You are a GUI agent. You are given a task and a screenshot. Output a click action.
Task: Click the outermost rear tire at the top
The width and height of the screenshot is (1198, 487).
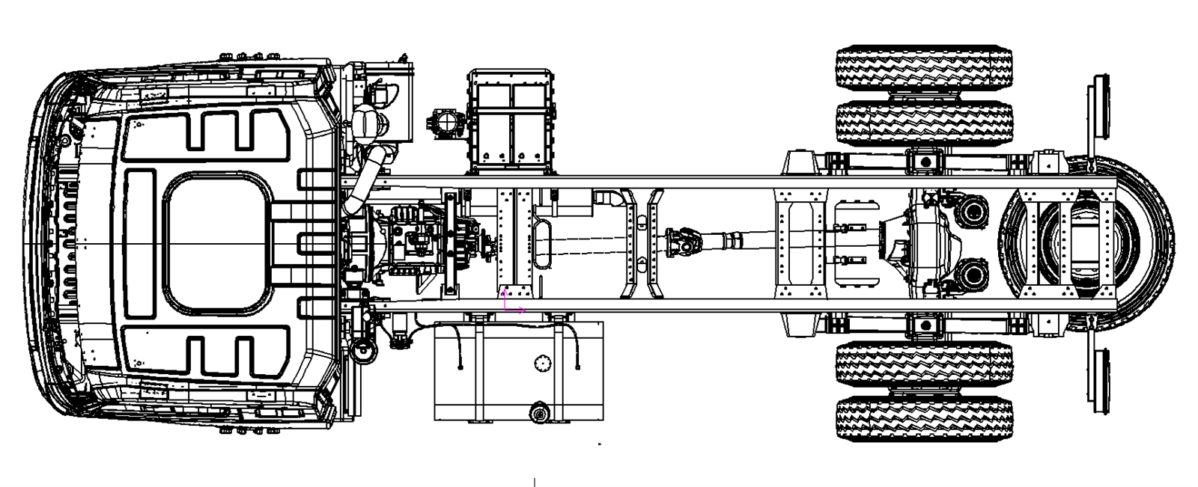[x=923, y=67]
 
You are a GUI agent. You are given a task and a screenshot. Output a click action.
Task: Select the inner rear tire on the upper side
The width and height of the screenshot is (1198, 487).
[x=923, y=122]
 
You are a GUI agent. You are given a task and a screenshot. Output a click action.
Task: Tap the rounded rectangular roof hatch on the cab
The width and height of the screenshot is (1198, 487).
[x=218, y=243]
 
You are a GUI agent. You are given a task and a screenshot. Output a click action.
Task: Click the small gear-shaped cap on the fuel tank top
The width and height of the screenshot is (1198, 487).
[x=542, y=364]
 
